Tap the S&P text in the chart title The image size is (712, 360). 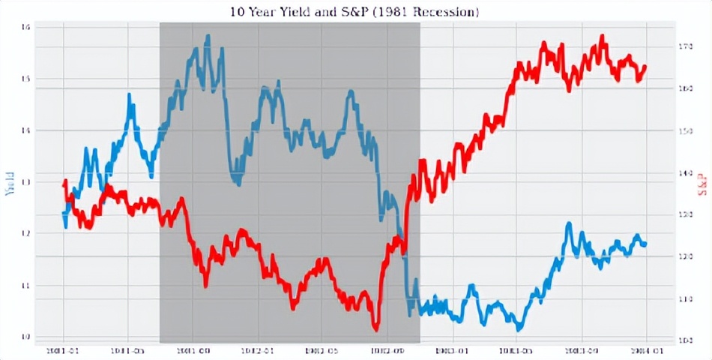[349, 12]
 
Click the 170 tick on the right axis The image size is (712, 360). [684, 46]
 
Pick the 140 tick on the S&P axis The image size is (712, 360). [684, 172]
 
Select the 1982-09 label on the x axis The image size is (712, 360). [387, 350]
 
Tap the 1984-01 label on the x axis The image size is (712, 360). [646, 350]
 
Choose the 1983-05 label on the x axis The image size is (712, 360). [516, 350]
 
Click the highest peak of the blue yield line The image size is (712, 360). [208, 36]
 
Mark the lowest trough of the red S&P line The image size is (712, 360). [375, 328]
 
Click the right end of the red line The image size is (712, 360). [645, 67]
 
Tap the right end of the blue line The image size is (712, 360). [645, 244]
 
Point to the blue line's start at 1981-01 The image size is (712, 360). [64, 214]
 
